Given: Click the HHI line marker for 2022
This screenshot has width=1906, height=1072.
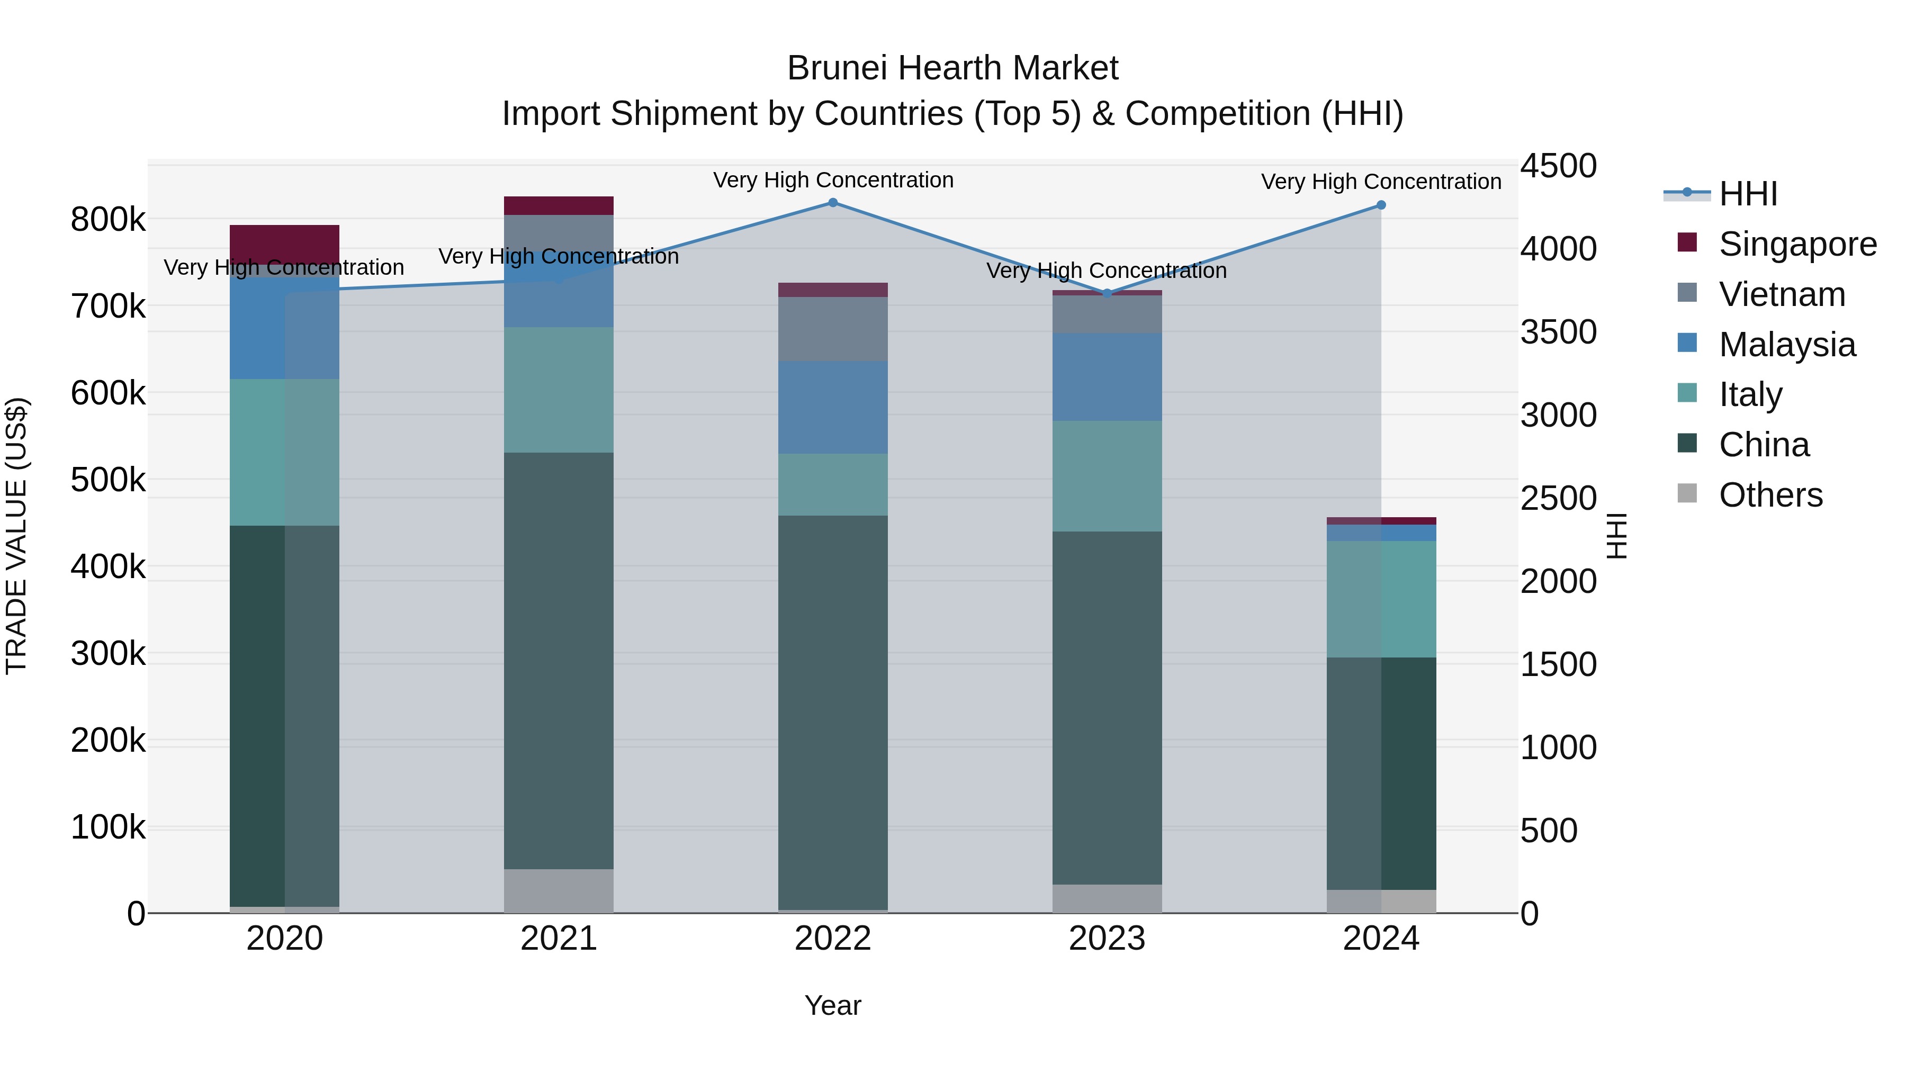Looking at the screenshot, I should coord(832,203).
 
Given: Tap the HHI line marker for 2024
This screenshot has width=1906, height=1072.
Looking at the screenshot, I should coord(1381,205).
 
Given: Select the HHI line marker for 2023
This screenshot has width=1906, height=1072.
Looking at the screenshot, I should coord(1107,293).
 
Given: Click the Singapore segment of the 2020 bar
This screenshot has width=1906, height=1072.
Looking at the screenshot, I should coord(284,242).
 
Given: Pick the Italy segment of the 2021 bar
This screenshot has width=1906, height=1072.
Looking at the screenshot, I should coord(559,390).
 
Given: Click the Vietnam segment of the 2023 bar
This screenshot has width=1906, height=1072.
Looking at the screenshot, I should coord(1107,314).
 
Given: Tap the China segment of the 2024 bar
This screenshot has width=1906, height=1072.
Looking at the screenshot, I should coord(1381,773).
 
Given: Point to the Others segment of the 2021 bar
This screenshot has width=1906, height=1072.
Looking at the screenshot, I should coord(559,891).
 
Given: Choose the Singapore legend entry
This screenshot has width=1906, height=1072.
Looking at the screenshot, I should coord(1797,244).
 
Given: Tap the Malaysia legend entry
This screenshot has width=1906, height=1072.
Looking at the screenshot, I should coord(1787,345).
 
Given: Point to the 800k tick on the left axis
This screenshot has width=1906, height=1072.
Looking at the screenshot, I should coord(108,220).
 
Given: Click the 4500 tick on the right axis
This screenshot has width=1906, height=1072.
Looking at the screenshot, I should coord(1558,166).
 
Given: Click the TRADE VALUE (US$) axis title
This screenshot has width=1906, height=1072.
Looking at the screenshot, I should coord(16,536).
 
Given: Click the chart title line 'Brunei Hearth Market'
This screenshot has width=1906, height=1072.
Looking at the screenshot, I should coord(952,68).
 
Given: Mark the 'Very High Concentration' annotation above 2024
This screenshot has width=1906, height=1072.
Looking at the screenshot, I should coord(1381,181).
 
